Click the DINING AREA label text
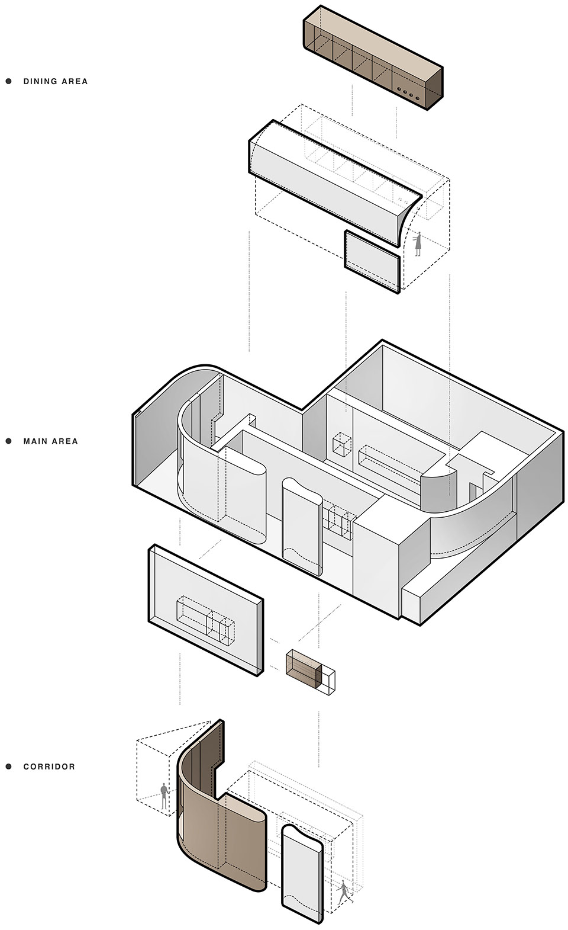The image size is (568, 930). click(56, 81)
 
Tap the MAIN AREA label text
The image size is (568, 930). click(50, 441)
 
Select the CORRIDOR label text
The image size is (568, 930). click(49, 767)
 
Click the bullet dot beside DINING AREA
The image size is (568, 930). click(9, 81)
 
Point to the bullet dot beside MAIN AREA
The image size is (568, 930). click(9, 441)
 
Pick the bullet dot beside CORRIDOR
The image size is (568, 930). click(9, 767)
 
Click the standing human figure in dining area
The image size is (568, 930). click(418, 244)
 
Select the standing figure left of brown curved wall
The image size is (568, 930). click(164, 796)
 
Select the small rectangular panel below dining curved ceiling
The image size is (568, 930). click(372, 262)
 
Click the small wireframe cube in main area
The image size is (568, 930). click(342, 444)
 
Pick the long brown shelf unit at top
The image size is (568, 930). click(373, 57)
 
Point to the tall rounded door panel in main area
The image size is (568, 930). click(302, 527)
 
